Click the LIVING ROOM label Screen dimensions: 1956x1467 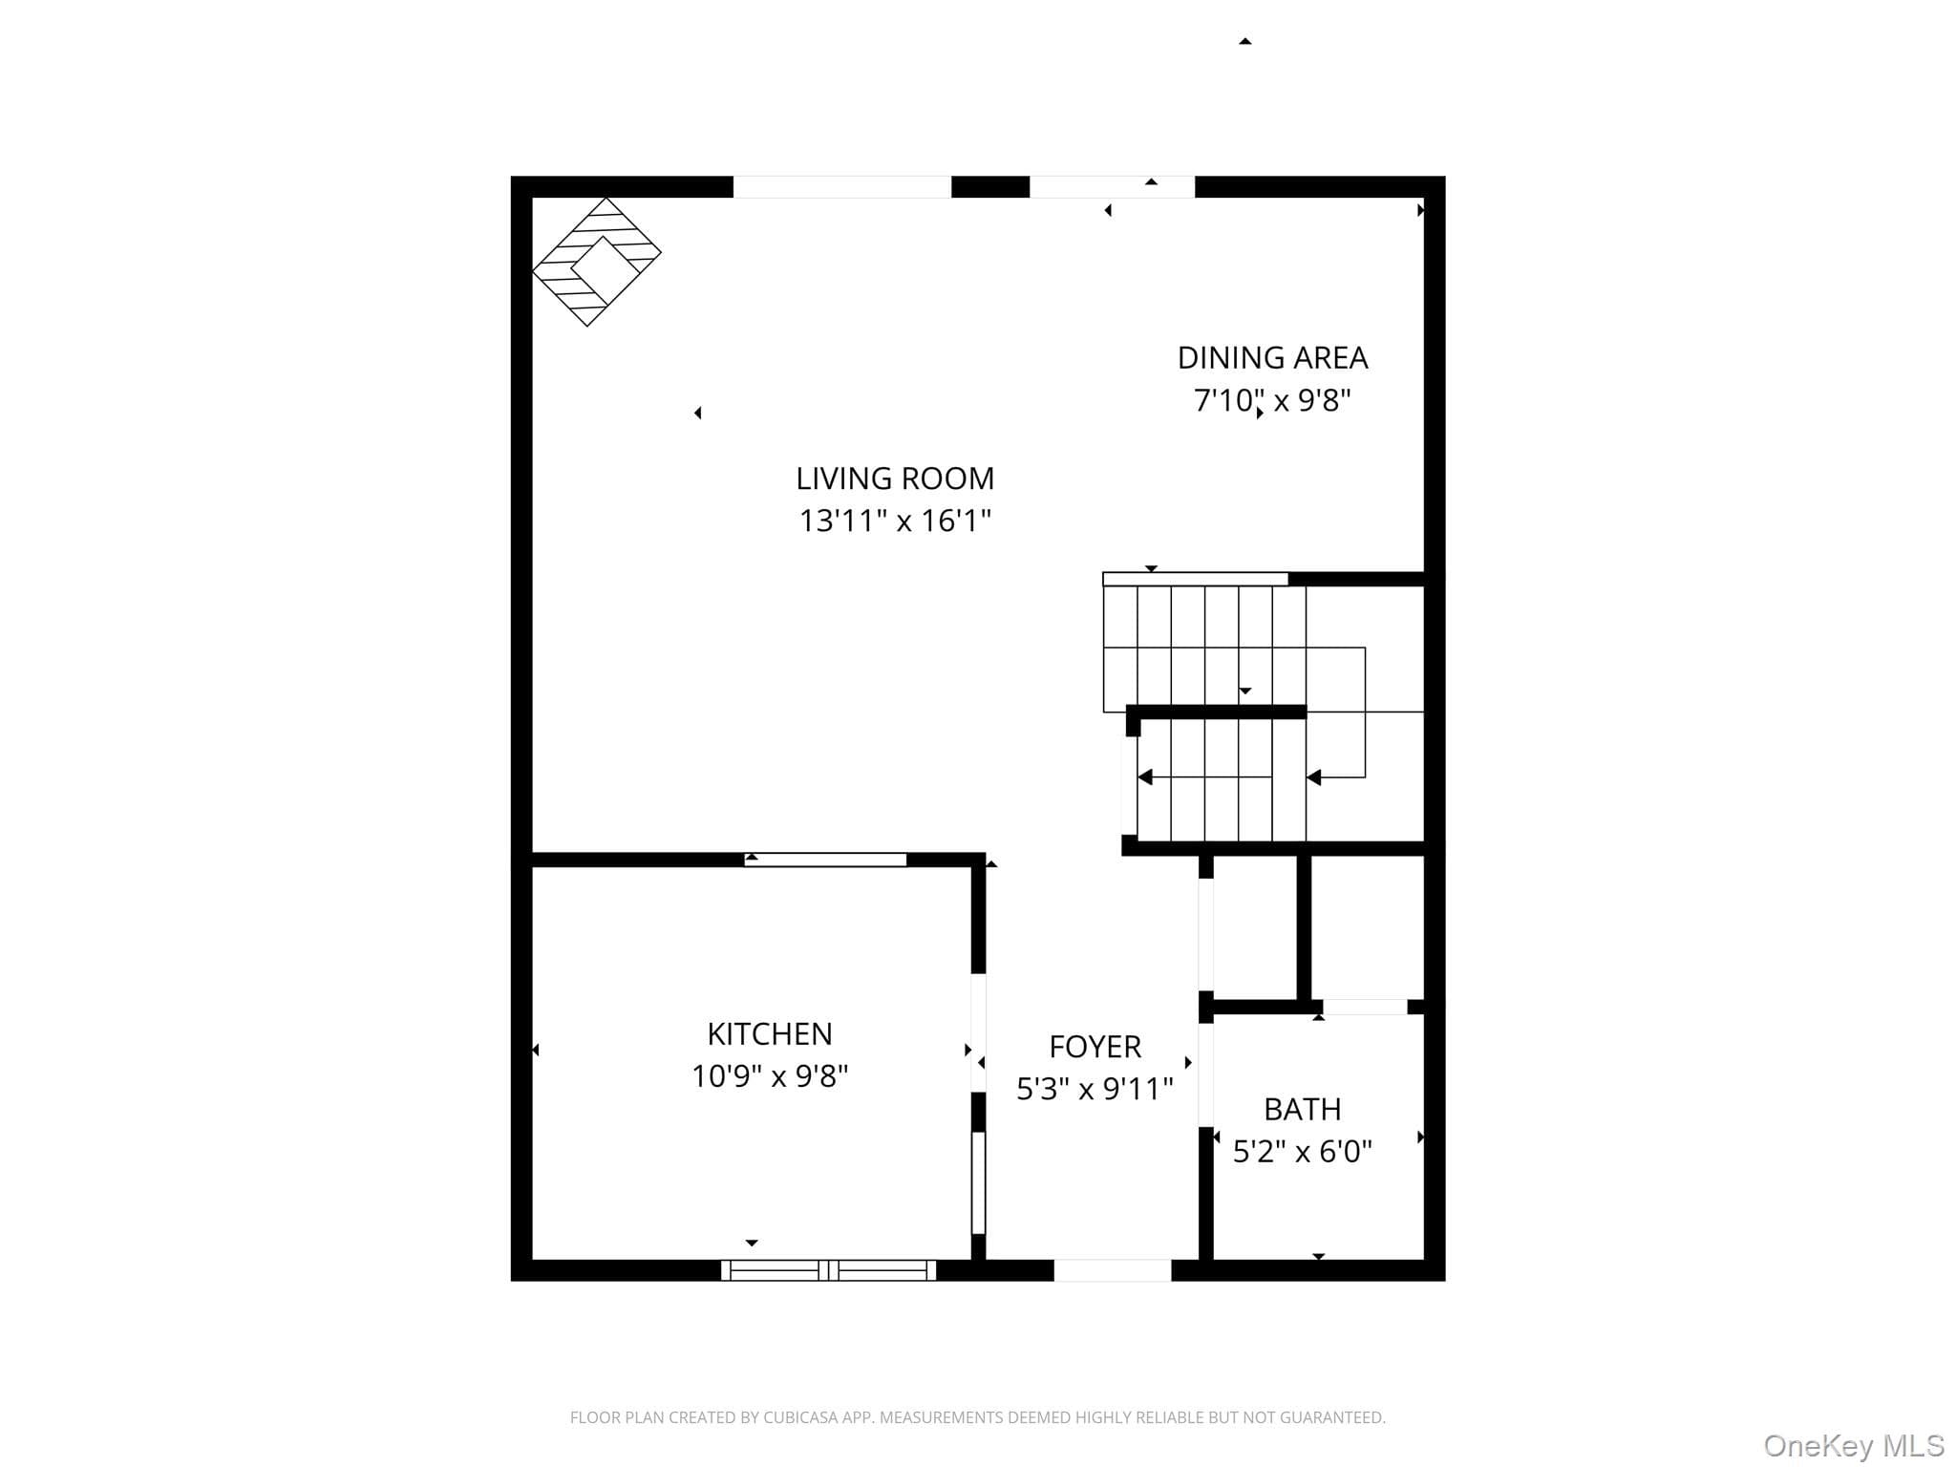[895, 478]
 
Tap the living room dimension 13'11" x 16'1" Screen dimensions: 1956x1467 [895, 521]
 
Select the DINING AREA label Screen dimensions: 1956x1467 [1272, 357]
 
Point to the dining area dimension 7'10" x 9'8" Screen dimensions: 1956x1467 [1272, 399]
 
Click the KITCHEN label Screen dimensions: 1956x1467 [770, 1033]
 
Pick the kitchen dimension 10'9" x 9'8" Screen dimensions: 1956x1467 [770, 1076]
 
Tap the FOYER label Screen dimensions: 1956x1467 [1095, 1047]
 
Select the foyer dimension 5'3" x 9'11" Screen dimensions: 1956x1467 [1095, 1089]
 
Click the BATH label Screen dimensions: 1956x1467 [1303, 1109]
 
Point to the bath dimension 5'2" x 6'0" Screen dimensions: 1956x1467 [1303, 1152]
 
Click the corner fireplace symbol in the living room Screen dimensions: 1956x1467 [597, 262]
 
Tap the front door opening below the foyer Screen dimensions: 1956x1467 [1113, 1270]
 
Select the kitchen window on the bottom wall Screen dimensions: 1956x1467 [828, 1270]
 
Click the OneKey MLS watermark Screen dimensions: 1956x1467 [1854, 1446]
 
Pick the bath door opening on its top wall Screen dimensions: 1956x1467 [1365, 1007]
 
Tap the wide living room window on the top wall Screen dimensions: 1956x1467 [842, 187]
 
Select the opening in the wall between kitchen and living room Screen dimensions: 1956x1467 [825, 860]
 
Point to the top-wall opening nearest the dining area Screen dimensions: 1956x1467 [1112, 187]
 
